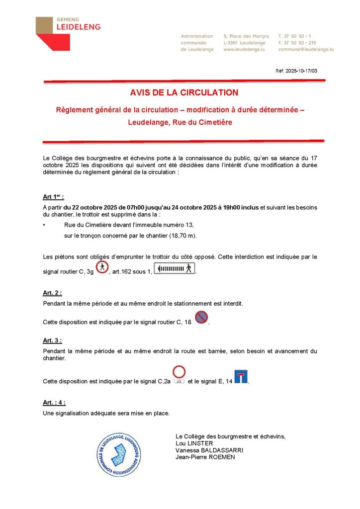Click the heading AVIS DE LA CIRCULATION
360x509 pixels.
pyautogui.click(x=184, y=92)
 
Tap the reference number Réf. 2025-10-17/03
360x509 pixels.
pyautogui.click(x=296, y=71)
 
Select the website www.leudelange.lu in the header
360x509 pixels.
pyautogui.click(x=244, y=50)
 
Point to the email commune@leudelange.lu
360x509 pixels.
pyautogui.click(x=306, y=50)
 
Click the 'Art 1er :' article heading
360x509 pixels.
pyautogui.click(x=53, y=196)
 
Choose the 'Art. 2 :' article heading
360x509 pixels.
pyautogui.click(x=53, y=293)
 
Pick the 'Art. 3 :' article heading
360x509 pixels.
pyautogui.click(x=53, y=340)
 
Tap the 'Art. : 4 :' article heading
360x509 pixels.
pyautogui.click(x=54, y=403)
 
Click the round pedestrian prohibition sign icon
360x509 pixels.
pyautogui.click(x=102, y=267)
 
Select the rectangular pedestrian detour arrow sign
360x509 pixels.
pyautogui.click(x=174, y=269)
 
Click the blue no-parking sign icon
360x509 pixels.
pyautogui.click(x=201, y=317)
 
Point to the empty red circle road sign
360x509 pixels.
pyautogui.click(x=179, y=372)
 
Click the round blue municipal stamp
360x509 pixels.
pyautogui.click(x=119, y=454)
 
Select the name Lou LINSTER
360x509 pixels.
pyautogui.click(x=194, y=443)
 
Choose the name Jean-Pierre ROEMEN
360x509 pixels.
pyautogui.click(x=205, y=457)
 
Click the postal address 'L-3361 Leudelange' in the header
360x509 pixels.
pyautogui.click(x=244, y=43)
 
